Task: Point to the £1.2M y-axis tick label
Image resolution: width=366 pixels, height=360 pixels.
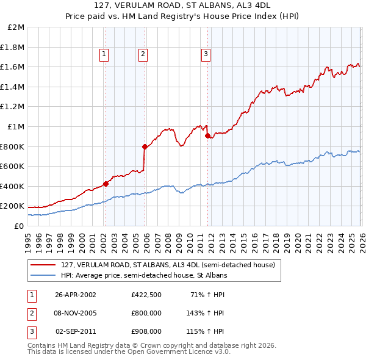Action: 14,107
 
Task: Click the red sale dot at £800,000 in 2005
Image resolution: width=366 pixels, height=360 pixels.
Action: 145,146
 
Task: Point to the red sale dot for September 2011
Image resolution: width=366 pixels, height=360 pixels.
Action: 207,135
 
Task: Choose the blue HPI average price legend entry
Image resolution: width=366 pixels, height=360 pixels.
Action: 144,275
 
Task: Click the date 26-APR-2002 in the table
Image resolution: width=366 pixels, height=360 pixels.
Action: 76,294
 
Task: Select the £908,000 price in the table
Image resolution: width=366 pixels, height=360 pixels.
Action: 146,331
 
